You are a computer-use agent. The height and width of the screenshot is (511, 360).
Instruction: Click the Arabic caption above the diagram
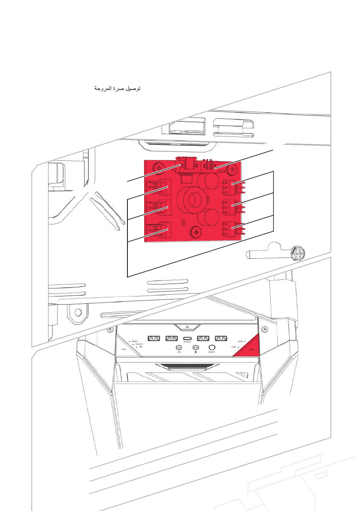click(118, 89)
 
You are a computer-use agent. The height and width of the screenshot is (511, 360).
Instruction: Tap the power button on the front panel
click(188, 327)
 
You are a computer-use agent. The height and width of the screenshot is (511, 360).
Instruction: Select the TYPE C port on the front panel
click(187, 339)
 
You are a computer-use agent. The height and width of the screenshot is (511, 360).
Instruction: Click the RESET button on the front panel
click(211, 348)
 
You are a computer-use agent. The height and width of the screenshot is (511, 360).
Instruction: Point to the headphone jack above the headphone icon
click(179, 347)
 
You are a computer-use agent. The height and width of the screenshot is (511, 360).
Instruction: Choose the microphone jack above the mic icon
click(195, 347)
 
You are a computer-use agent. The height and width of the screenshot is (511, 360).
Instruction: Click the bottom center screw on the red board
click(197, 233)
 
